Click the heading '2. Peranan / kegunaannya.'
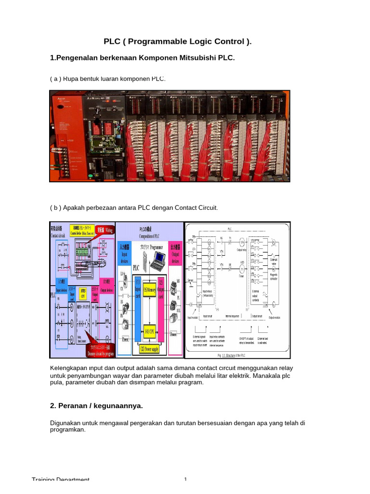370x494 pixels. click(x=96, y=406)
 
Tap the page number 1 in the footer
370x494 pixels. click(x=185, y=480)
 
